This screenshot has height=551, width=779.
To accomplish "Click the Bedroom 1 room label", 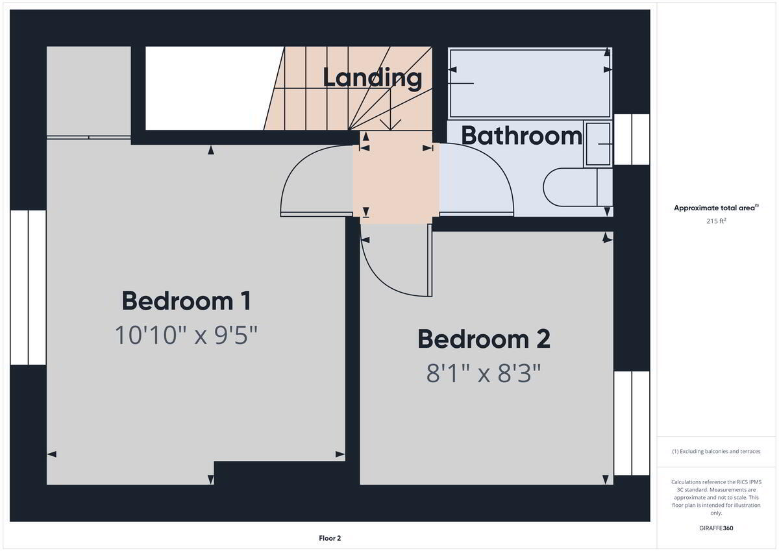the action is pos(186,301).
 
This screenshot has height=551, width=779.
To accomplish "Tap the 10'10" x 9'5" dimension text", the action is pos(186,335).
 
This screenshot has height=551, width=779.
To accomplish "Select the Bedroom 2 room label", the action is pos(484,339).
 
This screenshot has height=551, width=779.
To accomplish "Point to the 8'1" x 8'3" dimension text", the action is pos(484,373).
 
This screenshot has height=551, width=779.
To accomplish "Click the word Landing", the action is pos(372,79).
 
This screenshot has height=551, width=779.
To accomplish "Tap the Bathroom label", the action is pos(521,136).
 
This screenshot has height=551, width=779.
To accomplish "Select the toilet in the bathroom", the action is pos(577,188).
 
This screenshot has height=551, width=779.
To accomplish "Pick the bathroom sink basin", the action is pos(598,143).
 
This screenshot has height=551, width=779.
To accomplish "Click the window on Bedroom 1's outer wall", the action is pos(28,288).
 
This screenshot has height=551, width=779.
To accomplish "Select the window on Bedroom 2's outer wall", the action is pos(632,423).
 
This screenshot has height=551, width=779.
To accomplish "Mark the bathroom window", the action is pos(632,140).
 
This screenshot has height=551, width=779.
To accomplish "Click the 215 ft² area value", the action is pos(716,221).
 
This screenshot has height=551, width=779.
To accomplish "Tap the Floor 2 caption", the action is pos(330,538).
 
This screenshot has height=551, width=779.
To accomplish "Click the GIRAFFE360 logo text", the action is pos(716,528).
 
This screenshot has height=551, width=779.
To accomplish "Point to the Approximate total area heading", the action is pos(716,208).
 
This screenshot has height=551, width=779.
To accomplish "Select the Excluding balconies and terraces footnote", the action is pos(716,451).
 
